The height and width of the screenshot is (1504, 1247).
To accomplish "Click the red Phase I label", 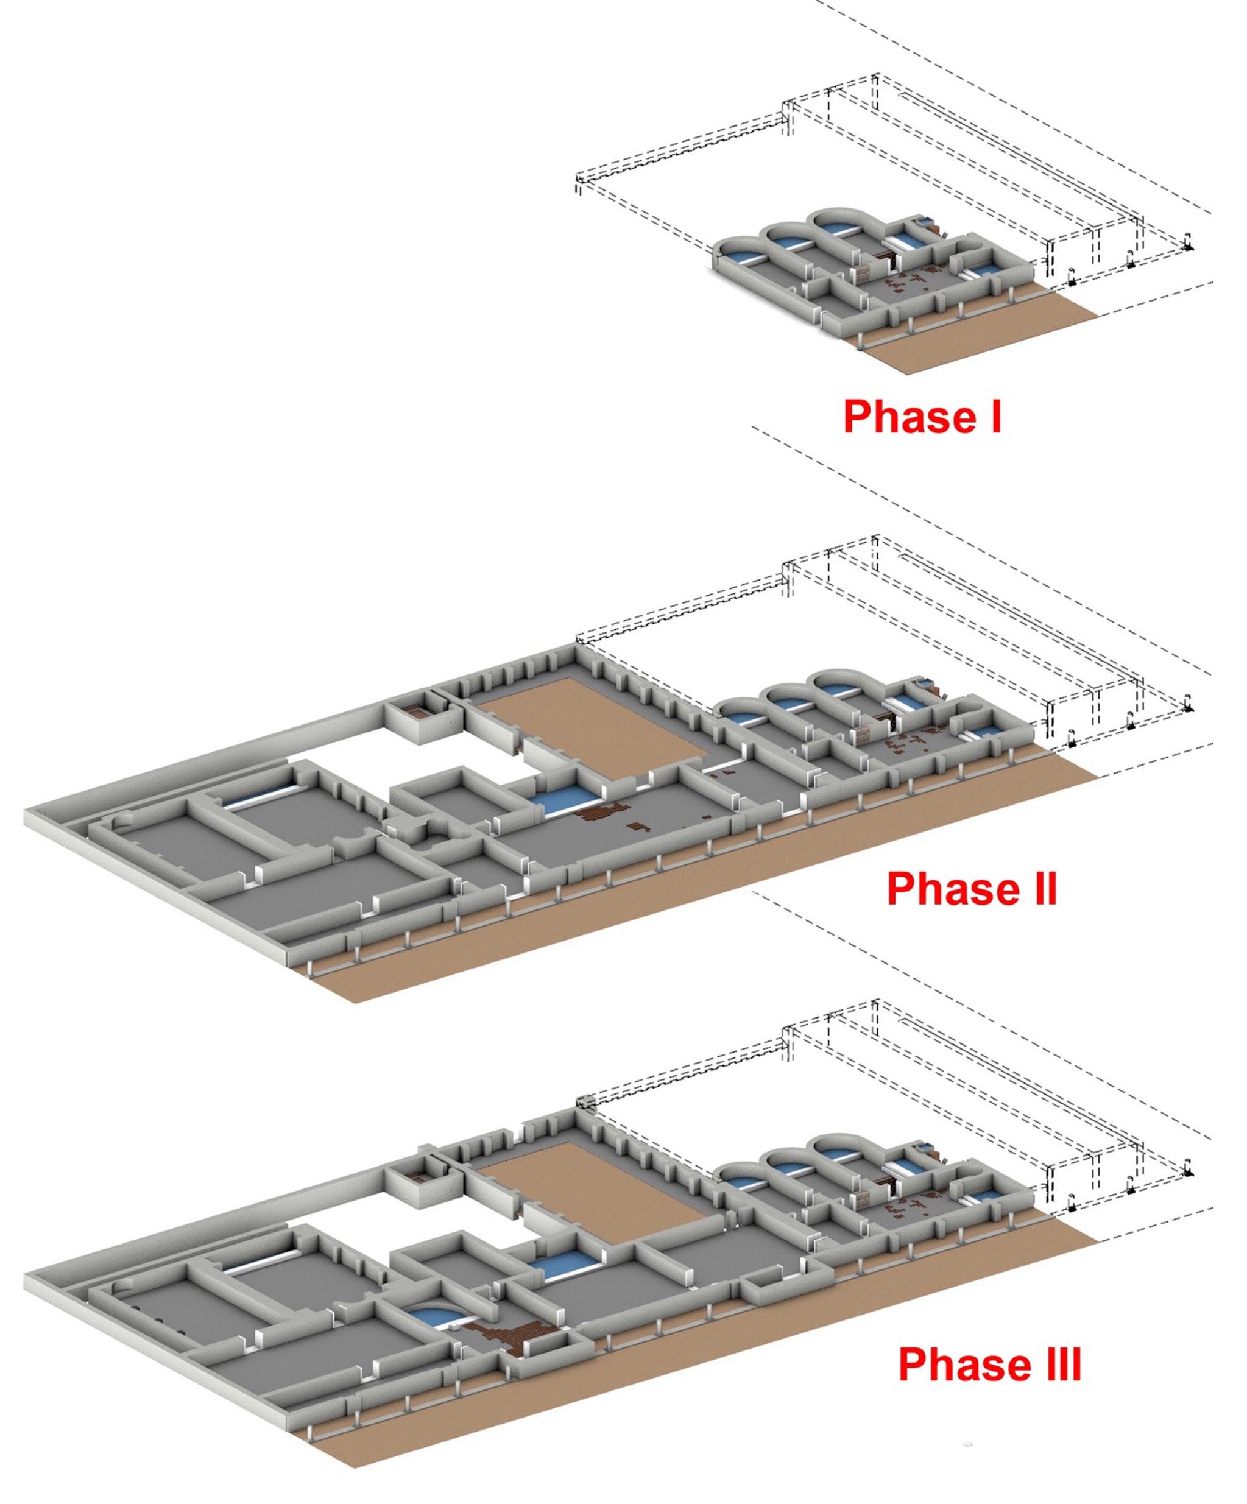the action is pyautogui.click(x=922, y=416).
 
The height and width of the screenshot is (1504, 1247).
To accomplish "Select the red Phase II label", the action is pyautogui.click(x=972, y=889).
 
